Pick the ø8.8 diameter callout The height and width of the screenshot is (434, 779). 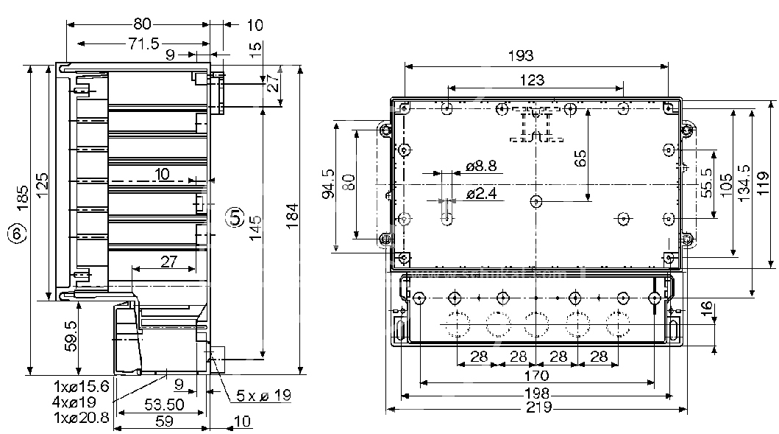point(482,167)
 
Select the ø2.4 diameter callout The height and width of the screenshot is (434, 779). point(482,195)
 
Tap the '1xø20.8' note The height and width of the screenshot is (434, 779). point(82,417)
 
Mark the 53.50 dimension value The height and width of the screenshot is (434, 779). point(163,405)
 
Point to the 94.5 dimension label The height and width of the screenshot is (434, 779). point(328,183)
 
